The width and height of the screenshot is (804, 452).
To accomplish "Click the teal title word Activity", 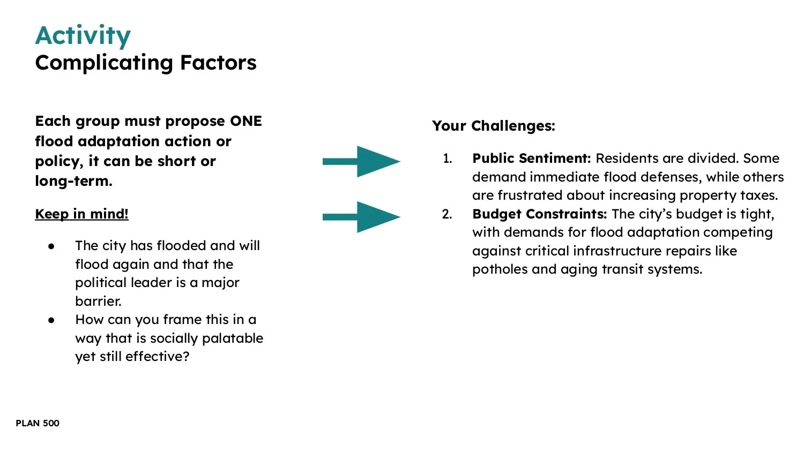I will coord(83,36).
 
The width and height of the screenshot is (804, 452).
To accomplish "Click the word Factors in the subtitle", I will coord(218,63).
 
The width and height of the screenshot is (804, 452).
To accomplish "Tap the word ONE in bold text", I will coord(245,121).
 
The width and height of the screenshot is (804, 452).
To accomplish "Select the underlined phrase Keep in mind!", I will coord(81,214).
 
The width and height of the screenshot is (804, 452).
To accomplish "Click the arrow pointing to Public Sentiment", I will coord(361,161).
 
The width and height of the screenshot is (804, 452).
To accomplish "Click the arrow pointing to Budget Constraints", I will coord(361,217).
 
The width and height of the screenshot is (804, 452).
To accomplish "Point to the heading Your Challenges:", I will coord(493,126).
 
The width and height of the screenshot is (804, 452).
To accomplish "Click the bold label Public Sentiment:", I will coord(531,159).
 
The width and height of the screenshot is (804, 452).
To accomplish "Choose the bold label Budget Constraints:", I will coord(539,214).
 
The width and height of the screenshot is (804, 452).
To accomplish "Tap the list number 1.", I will coord(447,159).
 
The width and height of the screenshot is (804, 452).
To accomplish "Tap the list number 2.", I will coord(447,214).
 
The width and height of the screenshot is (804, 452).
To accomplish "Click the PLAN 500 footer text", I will coord(38,423).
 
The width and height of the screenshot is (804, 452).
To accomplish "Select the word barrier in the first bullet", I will coord(98,301).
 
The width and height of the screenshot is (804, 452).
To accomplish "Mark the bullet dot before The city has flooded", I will coord(51,246).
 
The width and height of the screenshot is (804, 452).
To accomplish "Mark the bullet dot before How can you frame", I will coord(51,320).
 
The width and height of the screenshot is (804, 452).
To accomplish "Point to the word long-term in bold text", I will coord(73,181).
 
